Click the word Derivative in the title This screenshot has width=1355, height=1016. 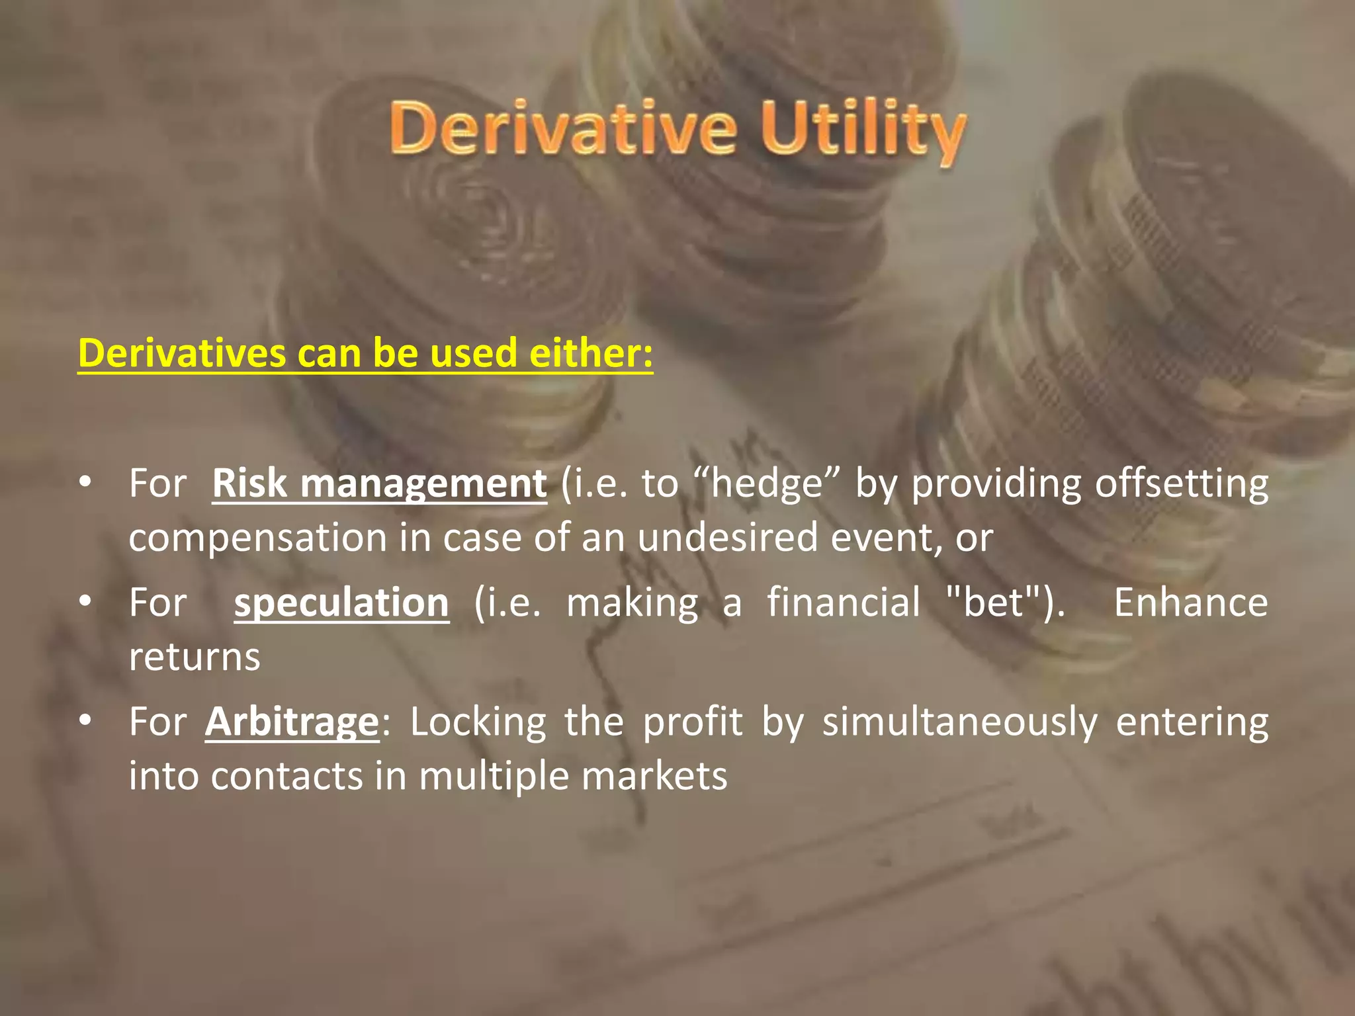(562, 129)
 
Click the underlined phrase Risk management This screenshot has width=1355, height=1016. (379, 484)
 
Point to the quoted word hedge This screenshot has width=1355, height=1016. (767, 484)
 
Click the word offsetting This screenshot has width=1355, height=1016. (1181, 484)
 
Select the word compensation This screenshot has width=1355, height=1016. (257, 537)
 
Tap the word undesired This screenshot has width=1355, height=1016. (728, 537)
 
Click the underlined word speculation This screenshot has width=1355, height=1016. (341, 603)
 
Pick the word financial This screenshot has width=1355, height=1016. (844, 603)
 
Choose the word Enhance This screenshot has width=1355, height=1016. (1190, 603)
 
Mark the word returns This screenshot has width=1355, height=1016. (195, 657)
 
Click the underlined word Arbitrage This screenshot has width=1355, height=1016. (292, 722)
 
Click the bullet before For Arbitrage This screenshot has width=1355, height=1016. (85, 721)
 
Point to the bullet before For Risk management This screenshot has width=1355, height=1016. (85, 483)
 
